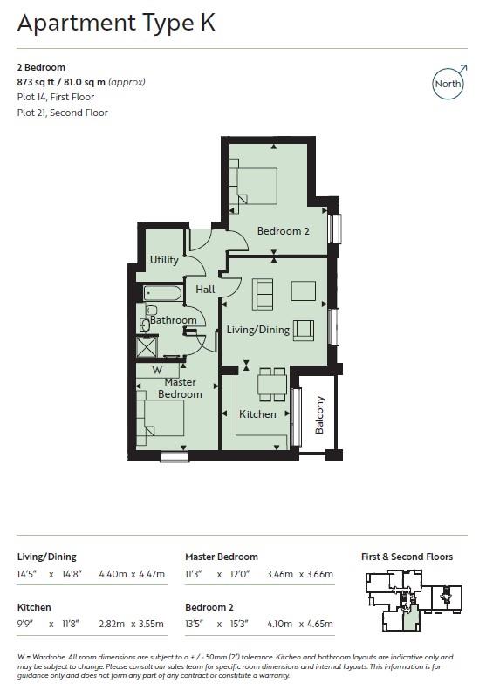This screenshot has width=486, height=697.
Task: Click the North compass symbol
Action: click(448, 84)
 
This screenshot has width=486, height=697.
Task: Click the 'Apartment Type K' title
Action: click(116, 24)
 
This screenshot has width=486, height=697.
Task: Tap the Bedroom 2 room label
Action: click(283, 231)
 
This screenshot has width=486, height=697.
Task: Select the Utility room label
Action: click(164, 260)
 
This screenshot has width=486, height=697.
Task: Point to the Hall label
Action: click(205, 290)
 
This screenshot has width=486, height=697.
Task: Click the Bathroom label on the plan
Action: click(174, 320)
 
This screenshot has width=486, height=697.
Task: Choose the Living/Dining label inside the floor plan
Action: click(258, 330)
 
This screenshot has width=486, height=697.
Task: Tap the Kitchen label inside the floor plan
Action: click(257, 414)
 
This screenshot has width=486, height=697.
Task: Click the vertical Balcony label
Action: click(320, 414)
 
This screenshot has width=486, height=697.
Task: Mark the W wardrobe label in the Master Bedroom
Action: click(157, 370)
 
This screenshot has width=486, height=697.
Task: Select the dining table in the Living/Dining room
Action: click(272, 381)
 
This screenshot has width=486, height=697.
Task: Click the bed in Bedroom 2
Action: click(255, 184)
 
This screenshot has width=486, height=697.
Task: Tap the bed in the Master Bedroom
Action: click(160, 413)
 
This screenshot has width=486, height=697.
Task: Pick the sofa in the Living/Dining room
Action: click(262, 293)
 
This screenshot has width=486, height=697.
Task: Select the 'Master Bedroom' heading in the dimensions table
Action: click(222, 557)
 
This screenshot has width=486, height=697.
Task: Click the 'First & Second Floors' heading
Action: click(407, 557)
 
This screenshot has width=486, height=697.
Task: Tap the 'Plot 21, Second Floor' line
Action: click(64, 113)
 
